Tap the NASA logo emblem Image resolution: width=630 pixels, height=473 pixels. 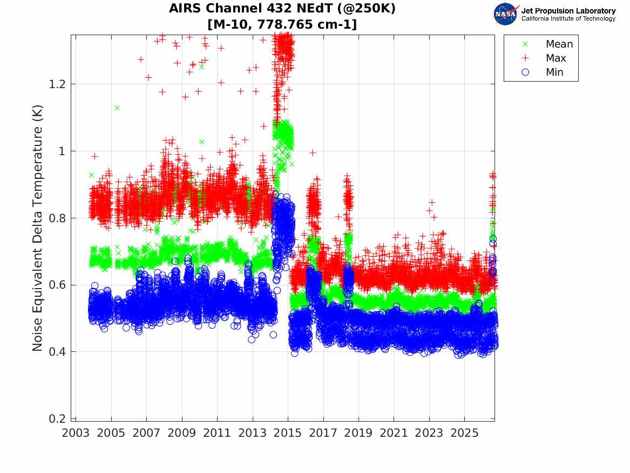[x=505, y=15]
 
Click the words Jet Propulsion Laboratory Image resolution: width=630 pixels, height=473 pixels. [x=568, y=11]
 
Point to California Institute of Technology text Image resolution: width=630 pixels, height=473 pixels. [x=568, y=18]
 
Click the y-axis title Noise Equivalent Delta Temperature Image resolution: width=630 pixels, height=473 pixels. [x=37, y=228]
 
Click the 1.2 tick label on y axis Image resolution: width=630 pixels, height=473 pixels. [x=57, y=84]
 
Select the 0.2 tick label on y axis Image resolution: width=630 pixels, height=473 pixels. [x=57, y=419]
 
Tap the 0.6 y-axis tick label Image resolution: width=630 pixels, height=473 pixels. [x=57, y=285]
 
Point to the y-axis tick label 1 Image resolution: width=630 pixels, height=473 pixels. [x=62, y=151]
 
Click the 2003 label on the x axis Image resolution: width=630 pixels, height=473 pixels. [x=76, y=433]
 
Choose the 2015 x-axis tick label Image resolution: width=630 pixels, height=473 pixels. [x=288, y=433]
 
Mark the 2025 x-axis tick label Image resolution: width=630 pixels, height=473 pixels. [x=464, y=433]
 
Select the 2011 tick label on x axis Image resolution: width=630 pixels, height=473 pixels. [x=217, y=433]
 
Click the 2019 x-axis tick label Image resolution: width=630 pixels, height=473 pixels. [x=358, y=433]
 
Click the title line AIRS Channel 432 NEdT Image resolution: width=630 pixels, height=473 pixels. [x=282, y=9]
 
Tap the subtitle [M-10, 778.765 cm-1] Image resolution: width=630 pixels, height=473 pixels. [x=282, y=24]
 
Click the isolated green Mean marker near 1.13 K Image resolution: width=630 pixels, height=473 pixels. [x=117, y=108]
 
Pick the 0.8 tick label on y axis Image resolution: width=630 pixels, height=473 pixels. [x=57, y=218]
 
